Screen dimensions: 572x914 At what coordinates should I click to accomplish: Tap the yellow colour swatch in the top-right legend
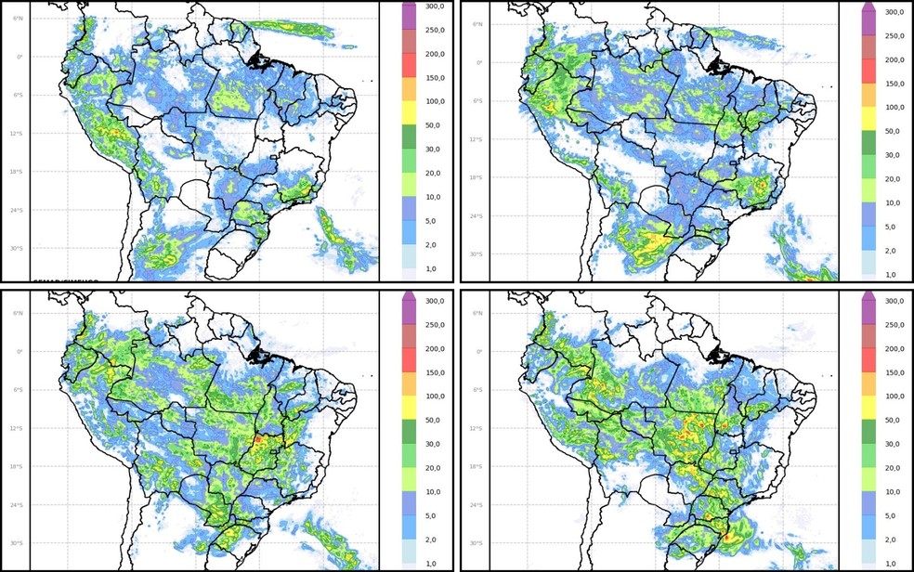(x=869, y=119)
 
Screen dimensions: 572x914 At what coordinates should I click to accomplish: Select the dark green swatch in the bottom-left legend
(x=411, y=431)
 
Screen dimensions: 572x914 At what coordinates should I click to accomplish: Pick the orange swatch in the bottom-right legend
(x=869, y=383)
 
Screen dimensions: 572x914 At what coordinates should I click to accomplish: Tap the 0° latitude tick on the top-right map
(x=474, y=62)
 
